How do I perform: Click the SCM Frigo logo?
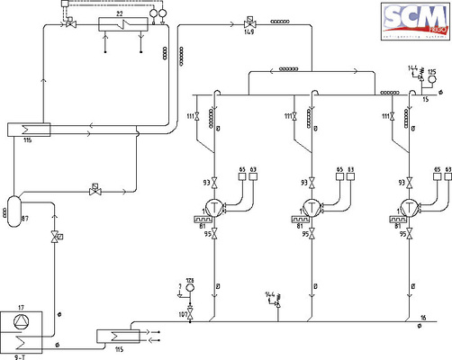coord(413,17)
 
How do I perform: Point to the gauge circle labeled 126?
coord(190,290)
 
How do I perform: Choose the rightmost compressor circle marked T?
coord(411,208)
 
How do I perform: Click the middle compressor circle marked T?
coord(312,208)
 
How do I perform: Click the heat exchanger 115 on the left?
coord(27,130)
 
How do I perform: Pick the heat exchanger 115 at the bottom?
coord(115,336)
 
